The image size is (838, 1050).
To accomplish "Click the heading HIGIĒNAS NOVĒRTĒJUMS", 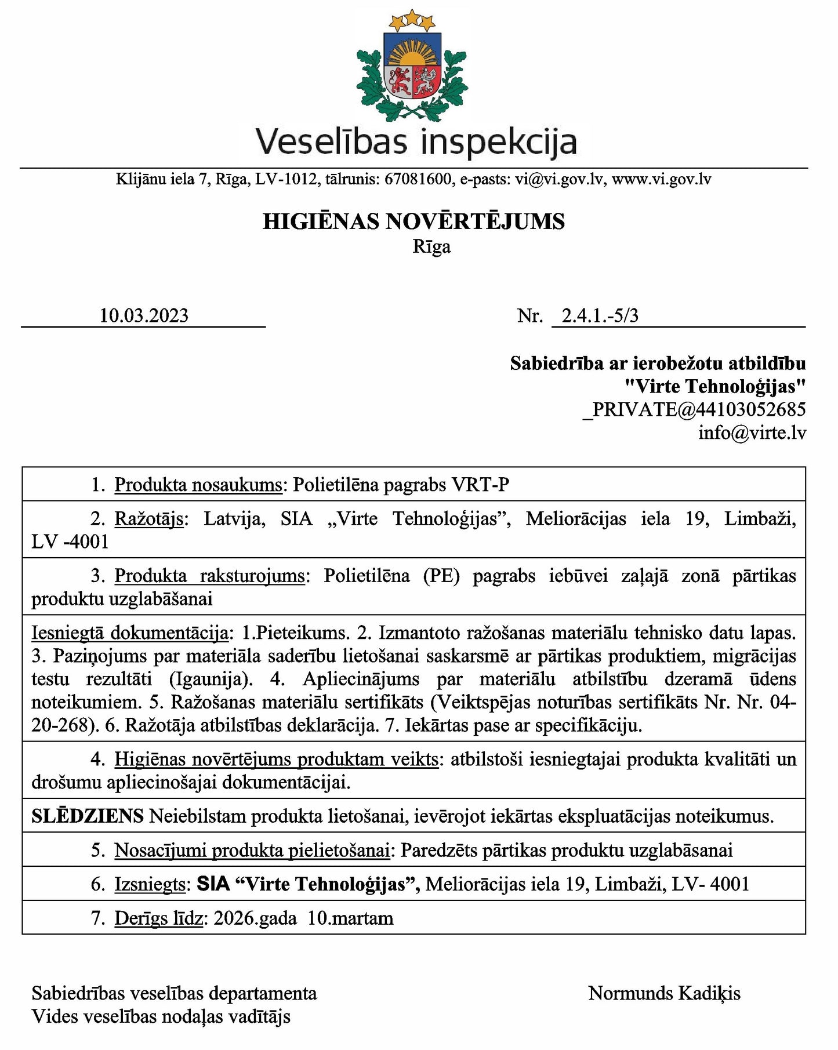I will (x=413, y=221).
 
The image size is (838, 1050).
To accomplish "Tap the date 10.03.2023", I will (x=144, y=315).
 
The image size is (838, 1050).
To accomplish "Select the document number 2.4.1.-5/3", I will (x=600, y=315).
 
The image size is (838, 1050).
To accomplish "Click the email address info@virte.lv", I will (x=752, y=433).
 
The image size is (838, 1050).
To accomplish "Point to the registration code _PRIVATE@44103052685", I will (x=694, y=409).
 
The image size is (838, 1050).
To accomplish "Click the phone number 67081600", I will (x=418, y=179).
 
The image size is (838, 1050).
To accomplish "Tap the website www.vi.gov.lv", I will (x=661, y=179).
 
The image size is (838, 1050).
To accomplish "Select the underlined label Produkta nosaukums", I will (x=198, y=484).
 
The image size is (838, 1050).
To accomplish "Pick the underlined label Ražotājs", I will (x=149, y=518).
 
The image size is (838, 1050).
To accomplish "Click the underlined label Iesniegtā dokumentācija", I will (x=129, y=633).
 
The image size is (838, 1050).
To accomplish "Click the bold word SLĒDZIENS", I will (x=88, y=816).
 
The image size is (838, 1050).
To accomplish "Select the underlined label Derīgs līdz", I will (x=159, y=918).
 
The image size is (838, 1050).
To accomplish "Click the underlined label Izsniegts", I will (x=150, y=884).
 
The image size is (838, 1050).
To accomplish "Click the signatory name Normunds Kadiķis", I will (x=664, y=993).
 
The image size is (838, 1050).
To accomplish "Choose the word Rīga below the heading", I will (x=431, y=247).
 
